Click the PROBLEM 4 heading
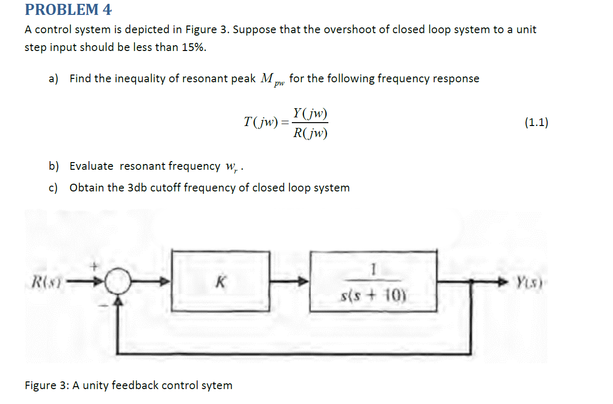tap(68, 9)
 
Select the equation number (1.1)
tap(536, 123)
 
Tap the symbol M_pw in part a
tap(272, 79)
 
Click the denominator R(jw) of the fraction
tap(310, 133)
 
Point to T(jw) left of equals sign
tap(260, 123)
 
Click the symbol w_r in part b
tap(230, 167)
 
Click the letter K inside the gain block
tap(220, 282)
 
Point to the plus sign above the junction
tap(95, 265)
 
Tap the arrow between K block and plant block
tap(297, 281)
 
